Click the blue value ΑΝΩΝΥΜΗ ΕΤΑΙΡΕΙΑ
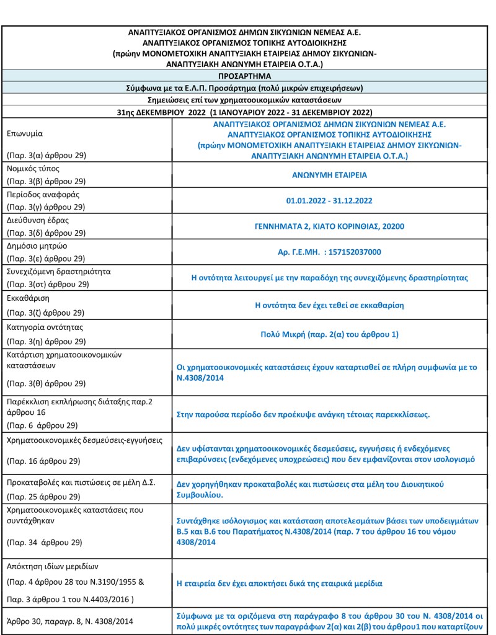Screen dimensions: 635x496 329,175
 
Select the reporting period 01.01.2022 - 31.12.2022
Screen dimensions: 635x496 329,201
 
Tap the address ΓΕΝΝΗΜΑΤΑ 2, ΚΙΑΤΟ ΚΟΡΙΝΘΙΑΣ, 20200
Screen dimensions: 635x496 329,226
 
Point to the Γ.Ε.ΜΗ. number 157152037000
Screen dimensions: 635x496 329,252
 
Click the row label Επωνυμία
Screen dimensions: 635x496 25,134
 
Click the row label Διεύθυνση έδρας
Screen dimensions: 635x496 37,220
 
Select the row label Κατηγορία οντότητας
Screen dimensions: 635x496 44,326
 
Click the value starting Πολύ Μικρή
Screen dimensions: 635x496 329,334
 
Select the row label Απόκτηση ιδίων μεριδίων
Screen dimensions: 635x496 52,566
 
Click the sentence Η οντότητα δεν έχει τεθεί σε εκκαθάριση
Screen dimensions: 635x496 329,305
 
